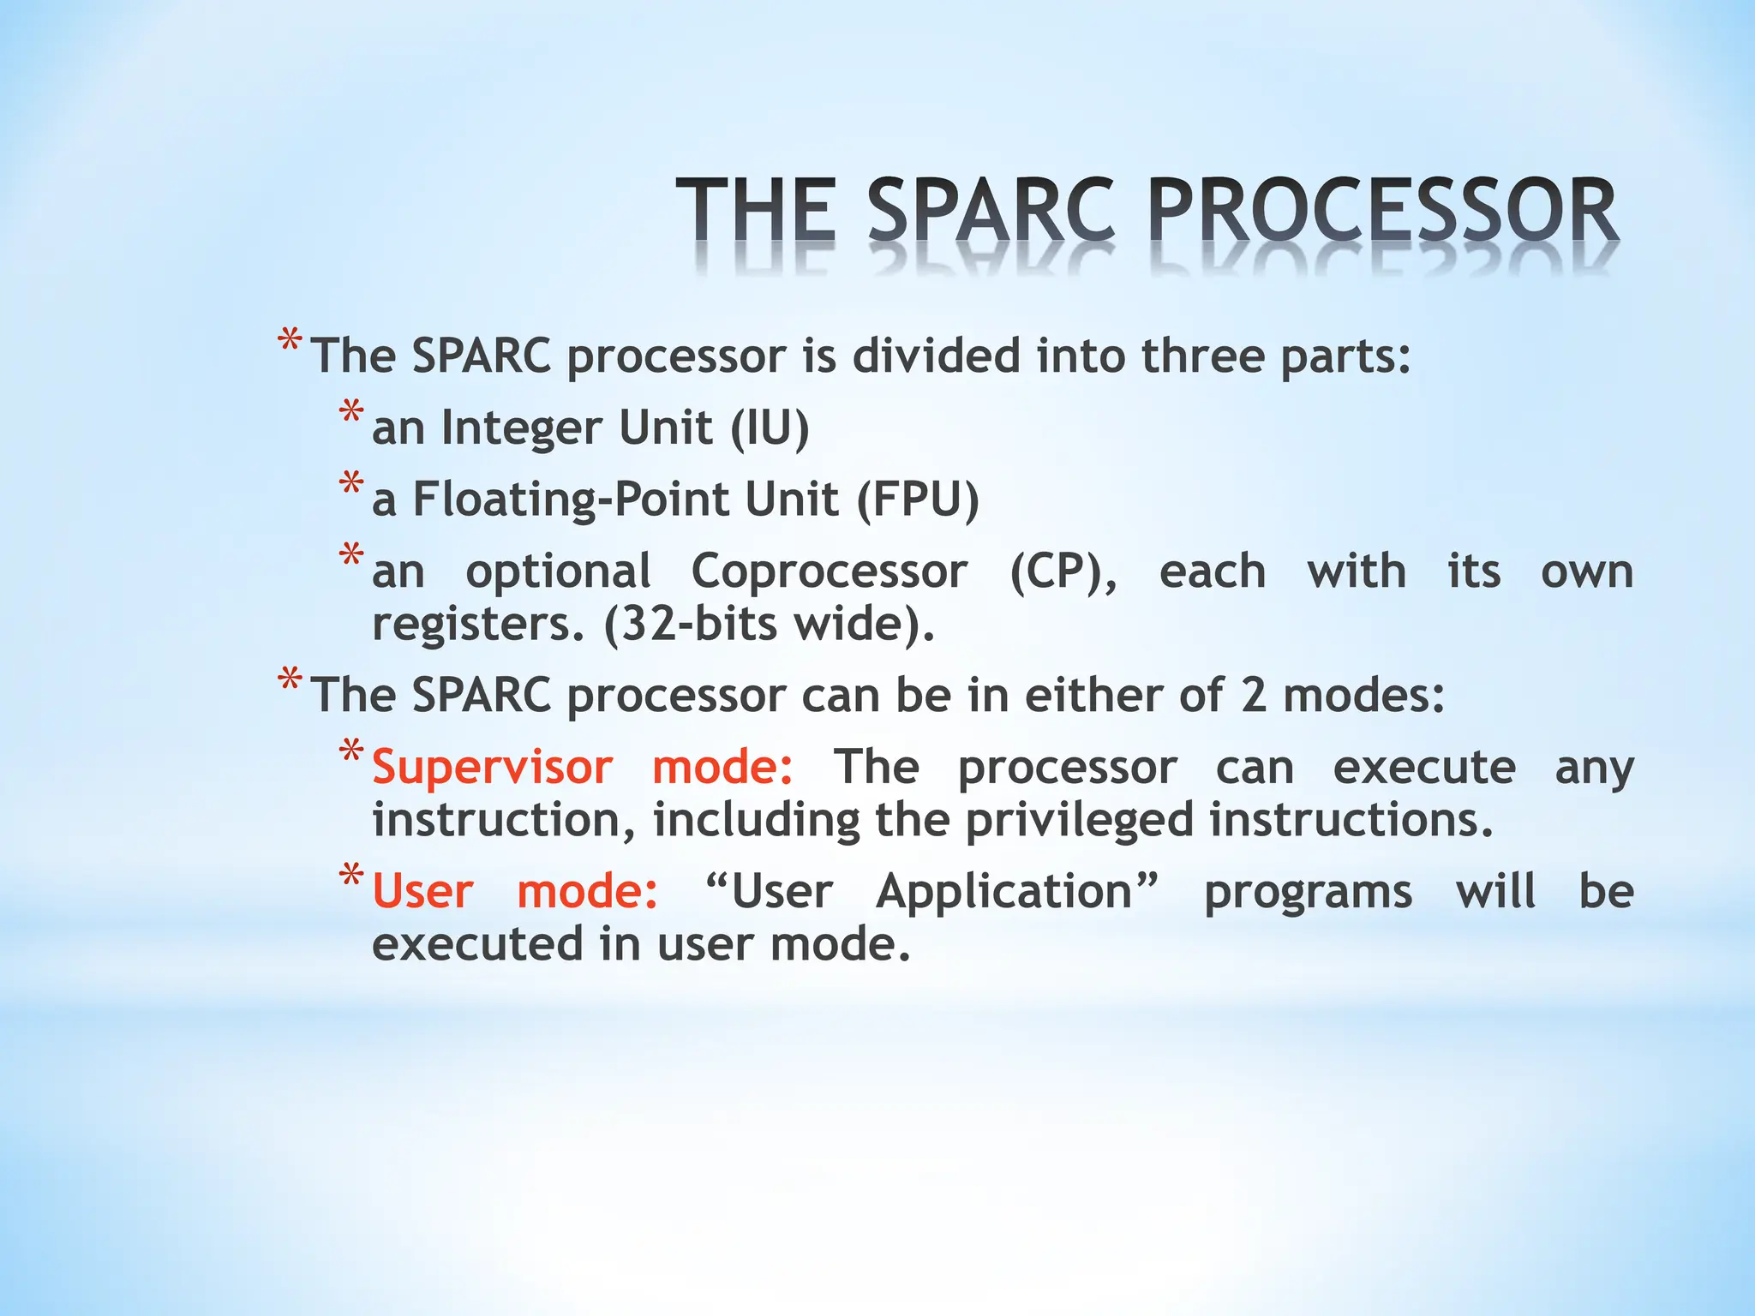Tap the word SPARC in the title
(991, 211)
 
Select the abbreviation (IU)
(770, 428)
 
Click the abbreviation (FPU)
(918, 499)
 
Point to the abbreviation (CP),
(1063, 571)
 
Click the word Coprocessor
(829, 571)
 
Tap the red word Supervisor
(492, 767)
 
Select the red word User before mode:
(422, 891)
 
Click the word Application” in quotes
(1017, 891)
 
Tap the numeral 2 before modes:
(1253, 695)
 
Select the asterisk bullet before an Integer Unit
(351, 414)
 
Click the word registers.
(477, 625)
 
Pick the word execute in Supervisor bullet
(1423, 767)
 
